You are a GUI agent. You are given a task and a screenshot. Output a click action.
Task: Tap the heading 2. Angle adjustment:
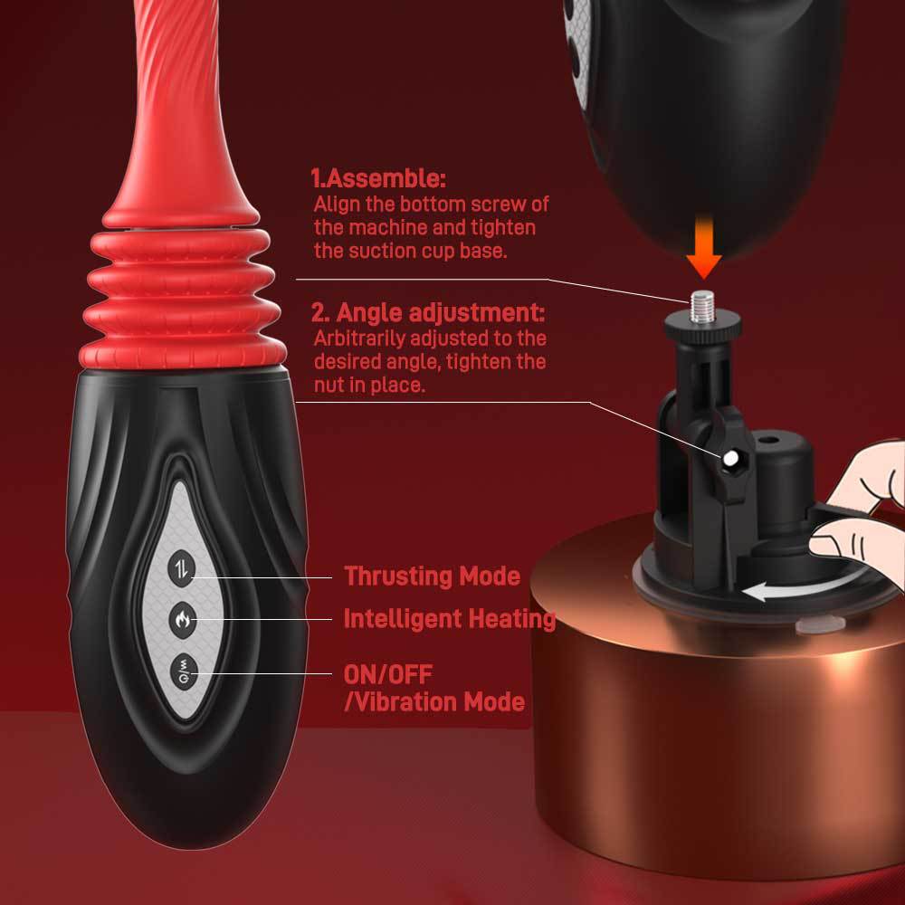[x=428, y=313]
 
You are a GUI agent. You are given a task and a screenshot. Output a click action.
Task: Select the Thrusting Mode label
[x=432, y=576]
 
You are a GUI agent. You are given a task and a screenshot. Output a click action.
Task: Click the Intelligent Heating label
[x=449, y=619]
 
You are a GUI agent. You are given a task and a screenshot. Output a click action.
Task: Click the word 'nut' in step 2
[x=330, y=385]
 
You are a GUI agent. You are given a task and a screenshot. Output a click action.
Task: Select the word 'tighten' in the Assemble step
[x=502, y=227]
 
